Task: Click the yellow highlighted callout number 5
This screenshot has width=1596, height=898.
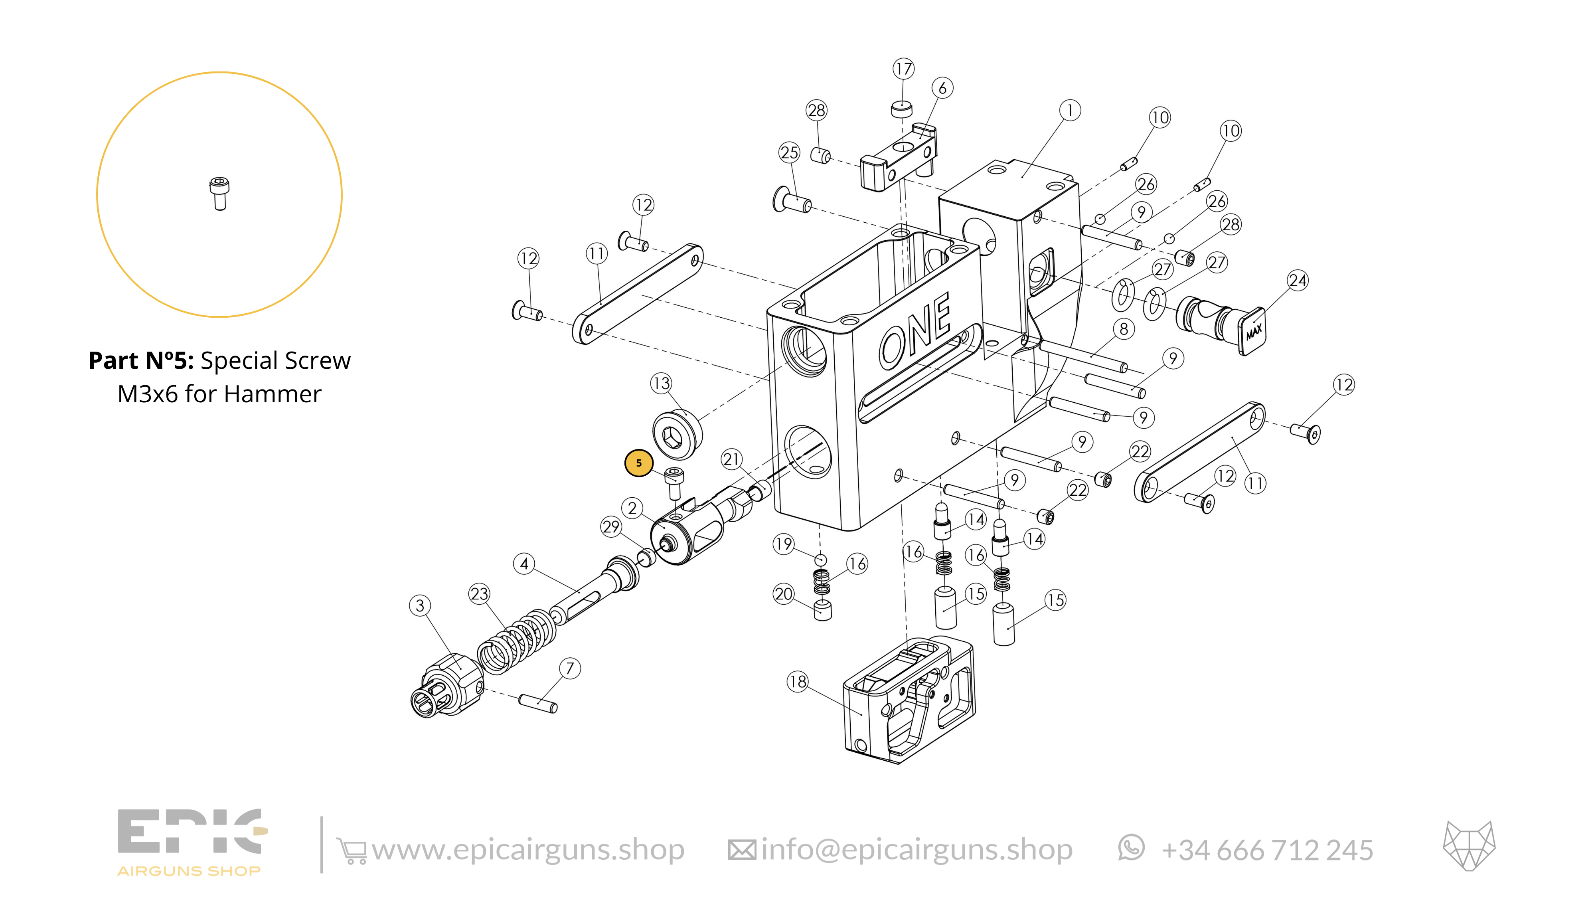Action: pos(639,463)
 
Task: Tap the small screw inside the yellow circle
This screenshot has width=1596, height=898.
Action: pos(219,194)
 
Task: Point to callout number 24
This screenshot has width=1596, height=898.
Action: pos(1298,281)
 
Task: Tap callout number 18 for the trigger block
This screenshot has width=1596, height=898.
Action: pos(797,682)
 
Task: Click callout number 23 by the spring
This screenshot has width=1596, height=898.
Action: pos(479,594)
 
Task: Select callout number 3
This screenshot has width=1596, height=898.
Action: pos(420,605)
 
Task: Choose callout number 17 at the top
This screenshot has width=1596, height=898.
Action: pos(903,69)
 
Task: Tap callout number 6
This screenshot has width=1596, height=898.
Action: pos(942,88)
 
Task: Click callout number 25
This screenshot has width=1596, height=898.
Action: pos(789,152)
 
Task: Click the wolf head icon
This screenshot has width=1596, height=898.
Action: pos(1469,846)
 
